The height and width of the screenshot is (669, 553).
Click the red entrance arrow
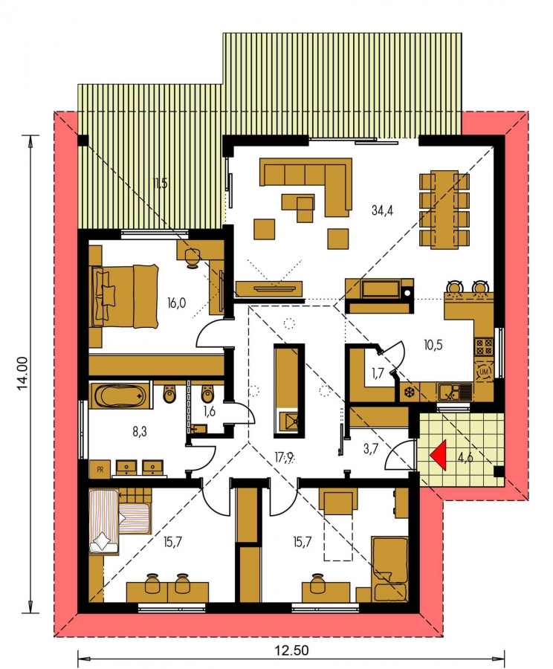(x=440, y=455)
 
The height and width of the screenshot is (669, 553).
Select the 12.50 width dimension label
(x=292, y=650)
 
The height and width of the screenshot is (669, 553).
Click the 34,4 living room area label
(x=382, y=210)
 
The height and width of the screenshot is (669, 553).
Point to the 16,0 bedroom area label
(x=176, y=303)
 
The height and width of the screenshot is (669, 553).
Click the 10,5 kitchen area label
(x=433, y=345)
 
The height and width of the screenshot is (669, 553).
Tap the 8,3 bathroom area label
(x=139, y=431)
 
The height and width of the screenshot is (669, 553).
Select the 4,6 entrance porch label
(x=465, y=458)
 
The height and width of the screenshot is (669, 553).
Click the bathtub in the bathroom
(x=120, y=395)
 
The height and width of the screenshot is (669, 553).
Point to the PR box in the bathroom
(x=100, y=469)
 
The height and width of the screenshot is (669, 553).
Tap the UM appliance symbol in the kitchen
(x=485, y=372)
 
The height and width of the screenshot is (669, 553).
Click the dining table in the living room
(x=444, y=209)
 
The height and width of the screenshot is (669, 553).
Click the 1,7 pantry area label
(x=377, y=372)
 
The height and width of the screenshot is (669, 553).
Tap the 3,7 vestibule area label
(x=370, y=448)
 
